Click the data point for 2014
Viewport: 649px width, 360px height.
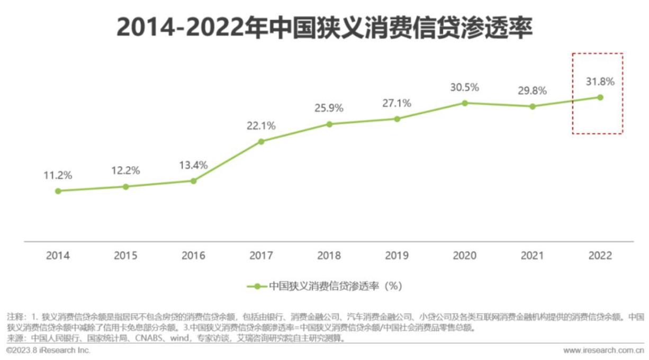click(x=58, y=191)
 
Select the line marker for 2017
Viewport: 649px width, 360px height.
click(x=262, y=141)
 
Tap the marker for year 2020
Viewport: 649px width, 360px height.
click(x=465, y=103)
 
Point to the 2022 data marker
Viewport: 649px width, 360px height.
click(x=600, y=97)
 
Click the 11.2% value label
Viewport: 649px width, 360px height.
click(x=58, y=175)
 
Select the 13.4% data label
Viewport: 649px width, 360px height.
click(x=194, y=165)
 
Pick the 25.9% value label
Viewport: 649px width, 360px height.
click(x=329, y=108)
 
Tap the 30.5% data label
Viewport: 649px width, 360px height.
click(x=465, y=87)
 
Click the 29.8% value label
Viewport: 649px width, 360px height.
click(x=533, y=91)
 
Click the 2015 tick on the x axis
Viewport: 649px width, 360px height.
click(x=126, y=256)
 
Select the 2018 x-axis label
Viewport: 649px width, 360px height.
click(x=329, y=256)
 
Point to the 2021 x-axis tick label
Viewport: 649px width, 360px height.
click(x=533, y=256)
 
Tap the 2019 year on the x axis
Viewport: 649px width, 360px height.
click(x=397, y=256)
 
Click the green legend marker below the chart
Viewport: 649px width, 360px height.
click(x=257, y=286)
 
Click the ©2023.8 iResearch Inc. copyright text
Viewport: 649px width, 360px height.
click(x=48, y=350)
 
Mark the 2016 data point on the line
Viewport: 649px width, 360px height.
click(x=194, y=181)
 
